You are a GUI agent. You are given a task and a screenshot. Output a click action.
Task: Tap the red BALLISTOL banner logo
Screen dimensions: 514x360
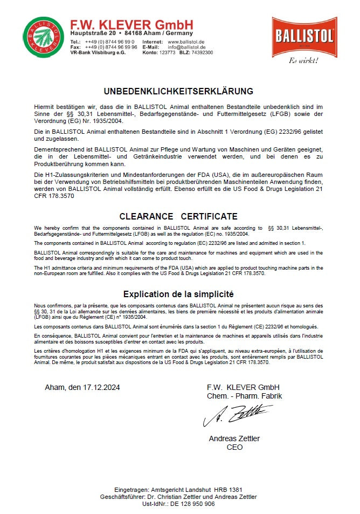(304, 37)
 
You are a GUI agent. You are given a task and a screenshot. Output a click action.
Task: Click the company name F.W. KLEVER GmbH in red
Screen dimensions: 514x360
(131, 25)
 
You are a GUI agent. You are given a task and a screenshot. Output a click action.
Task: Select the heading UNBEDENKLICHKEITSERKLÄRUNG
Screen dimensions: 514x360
(178, 91)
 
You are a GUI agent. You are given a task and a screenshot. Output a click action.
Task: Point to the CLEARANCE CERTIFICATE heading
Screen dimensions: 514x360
(178, 216)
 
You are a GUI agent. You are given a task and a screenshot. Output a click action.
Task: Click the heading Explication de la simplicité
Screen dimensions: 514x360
(178, 294)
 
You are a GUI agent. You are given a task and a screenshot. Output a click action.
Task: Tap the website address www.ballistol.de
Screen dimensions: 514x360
(186, 42)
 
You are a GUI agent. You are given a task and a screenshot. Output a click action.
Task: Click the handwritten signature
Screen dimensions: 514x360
(237, 415)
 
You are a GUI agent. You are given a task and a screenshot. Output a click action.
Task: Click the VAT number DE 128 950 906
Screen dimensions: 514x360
(192, 504)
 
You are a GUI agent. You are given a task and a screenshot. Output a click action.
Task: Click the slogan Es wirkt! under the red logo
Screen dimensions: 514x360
(304, 60)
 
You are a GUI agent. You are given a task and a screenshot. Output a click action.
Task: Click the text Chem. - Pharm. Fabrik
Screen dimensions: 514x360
(244, 396)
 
